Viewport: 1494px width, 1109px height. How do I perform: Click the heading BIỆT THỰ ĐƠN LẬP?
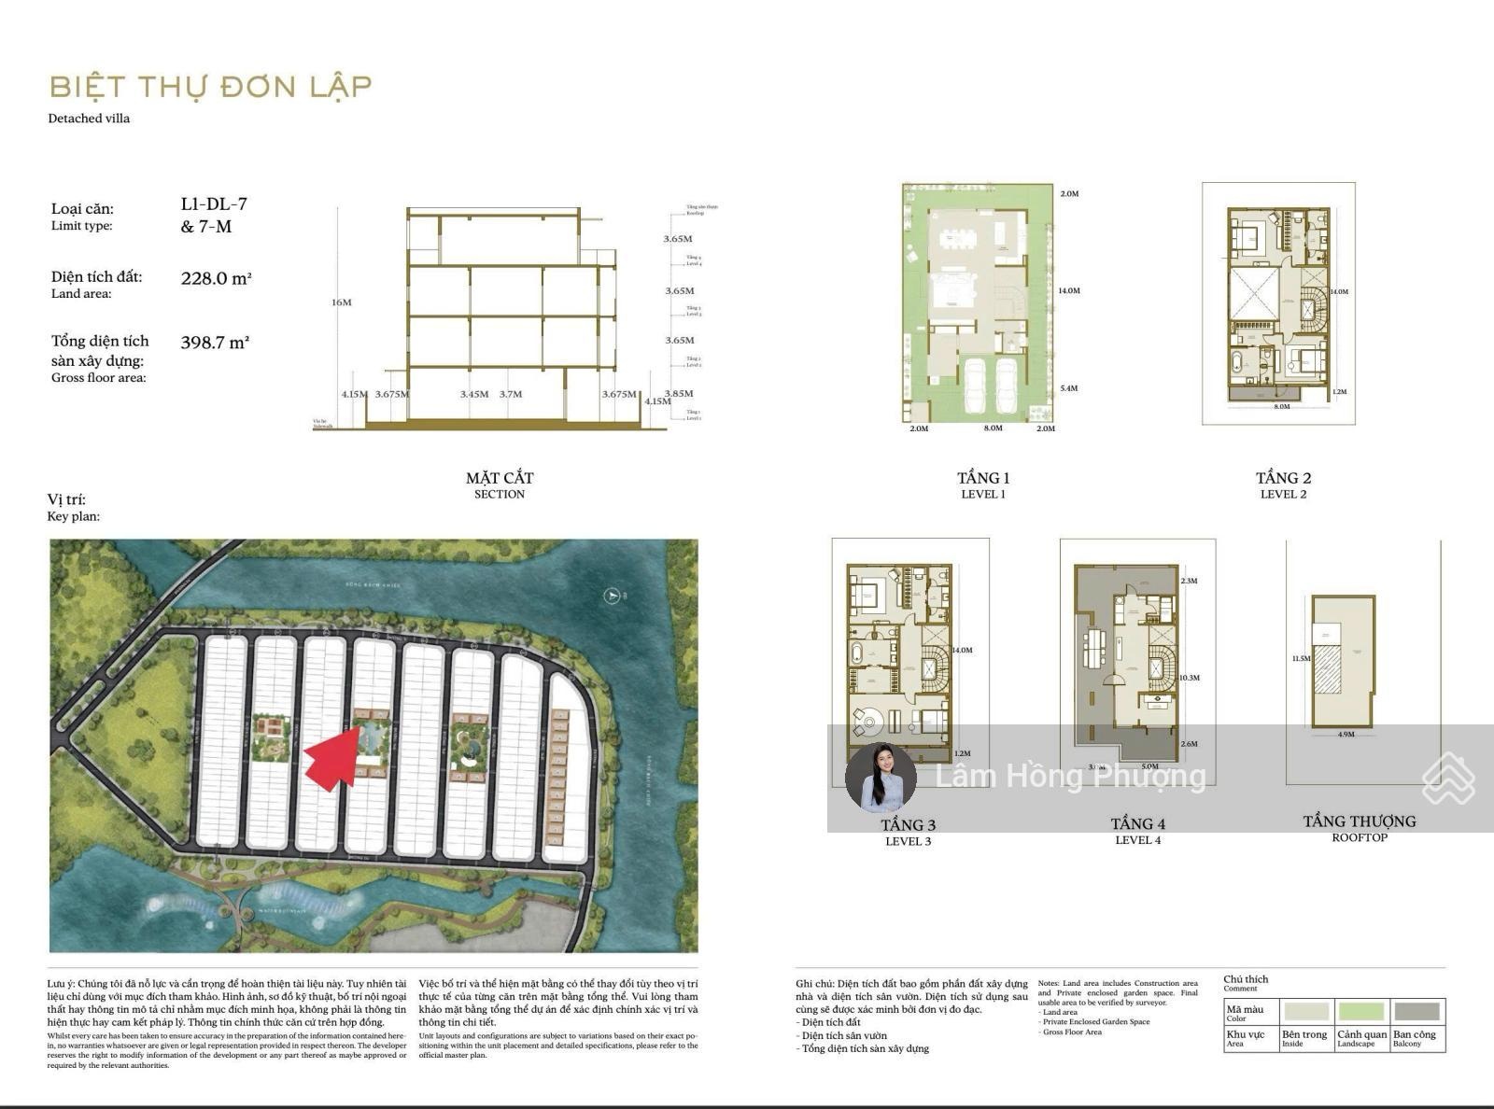tap(211, 87)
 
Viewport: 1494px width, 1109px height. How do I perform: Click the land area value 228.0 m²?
tap(216, 278)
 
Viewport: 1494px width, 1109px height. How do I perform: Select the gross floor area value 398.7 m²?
tap(215, 343)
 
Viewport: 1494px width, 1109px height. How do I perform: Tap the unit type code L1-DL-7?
tap(214, 204)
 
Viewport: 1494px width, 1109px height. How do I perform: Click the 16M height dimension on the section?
tap(341, 302)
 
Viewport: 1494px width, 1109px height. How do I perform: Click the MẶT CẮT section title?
tap(500, 478)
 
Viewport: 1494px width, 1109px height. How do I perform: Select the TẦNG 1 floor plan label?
tap(983, 478)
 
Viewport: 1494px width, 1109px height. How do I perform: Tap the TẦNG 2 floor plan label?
tap(1283, 478)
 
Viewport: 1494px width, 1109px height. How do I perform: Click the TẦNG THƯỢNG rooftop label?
tap(1359, 821)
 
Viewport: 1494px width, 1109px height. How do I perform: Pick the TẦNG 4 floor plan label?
tap(1137, 823)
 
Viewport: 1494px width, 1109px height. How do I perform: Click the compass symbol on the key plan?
tap(613, 595)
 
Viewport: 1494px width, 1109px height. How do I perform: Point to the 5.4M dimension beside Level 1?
tap(1068, 388)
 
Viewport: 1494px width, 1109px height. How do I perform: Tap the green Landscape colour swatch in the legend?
tap(1361, 1011)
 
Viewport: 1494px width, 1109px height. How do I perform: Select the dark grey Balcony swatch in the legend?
tap(1416, 1011)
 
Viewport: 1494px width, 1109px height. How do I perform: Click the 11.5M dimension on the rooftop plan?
tap(1301, 659)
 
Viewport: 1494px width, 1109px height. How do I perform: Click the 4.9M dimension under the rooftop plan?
tap(1346, 735)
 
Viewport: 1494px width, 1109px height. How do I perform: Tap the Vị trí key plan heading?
tap(66, 499)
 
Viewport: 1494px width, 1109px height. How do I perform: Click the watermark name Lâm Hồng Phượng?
tap(1070, 776)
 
